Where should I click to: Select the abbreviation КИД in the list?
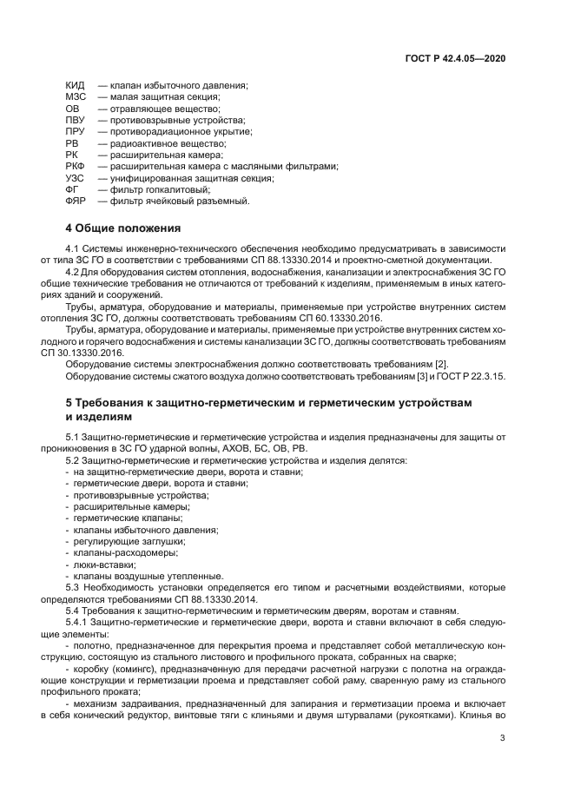[75, 85]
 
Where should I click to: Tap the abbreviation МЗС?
[76, 96]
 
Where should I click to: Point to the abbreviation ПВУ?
[75, 120]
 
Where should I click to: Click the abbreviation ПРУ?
[75, 131]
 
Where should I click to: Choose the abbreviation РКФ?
[76, 166]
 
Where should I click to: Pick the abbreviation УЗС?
[75, 178]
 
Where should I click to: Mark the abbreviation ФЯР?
[76, 201]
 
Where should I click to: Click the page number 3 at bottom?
[502, 739]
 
